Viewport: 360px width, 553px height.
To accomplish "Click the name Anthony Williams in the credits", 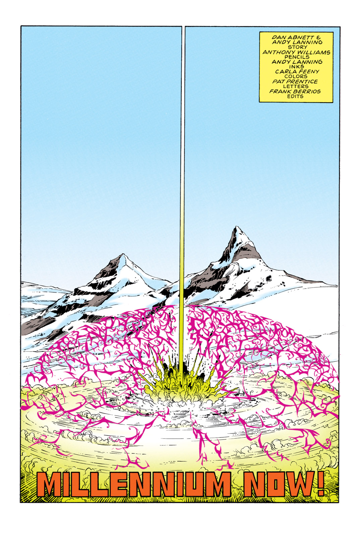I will (x=296, y=52).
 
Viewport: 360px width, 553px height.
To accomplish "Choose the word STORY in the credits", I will (x=297, y=47).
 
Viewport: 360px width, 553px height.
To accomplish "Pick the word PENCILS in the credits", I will (x=297, y=57).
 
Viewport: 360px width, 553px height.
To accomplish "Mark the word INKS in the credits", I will (x=297, y=67).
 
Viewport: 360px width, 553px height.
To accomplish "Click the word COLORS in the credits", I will (x=296, y=76).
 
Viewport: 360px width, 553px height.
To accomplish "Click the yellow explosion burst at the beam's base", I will (x=181, y=384).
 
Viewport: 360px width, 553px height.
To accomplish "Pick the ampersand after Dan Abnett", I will (x=319, y=37).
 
